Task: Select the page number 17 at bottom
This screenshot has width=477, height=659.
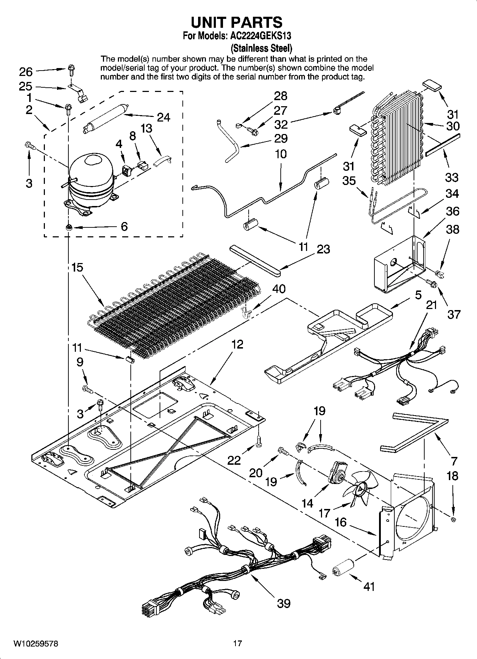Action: [238, 643]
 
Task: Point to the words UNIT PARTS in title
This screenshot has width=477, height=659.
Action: [237, 22]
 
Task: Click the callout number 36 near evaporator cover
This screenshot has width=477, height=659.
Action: [452, 211]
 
